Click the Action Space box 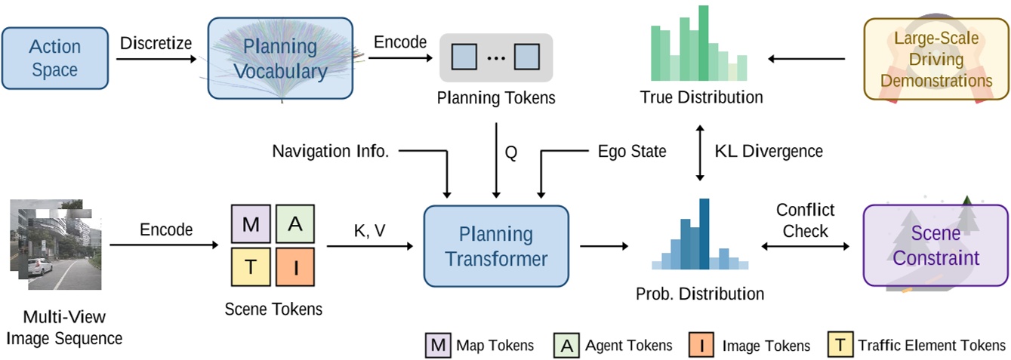pos(54,59)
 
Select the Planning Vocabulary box pos(280,59)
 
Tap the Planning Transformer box pos(496,246)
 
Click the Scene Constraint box pos(935,246)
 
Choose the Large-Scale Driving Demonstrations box pos(937,59)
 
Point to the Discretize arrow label pos(156,42)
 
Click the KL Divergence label pos(769,152)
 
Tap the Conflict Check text pos(806,220)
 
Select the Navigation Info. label pos(331,152)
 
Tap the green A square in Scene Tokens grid pos(296,224)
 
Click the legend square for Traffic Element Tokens pos(840,345)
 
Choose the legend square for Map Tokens pos(437,345)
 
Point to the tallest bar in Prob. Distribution pos(704,234)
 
